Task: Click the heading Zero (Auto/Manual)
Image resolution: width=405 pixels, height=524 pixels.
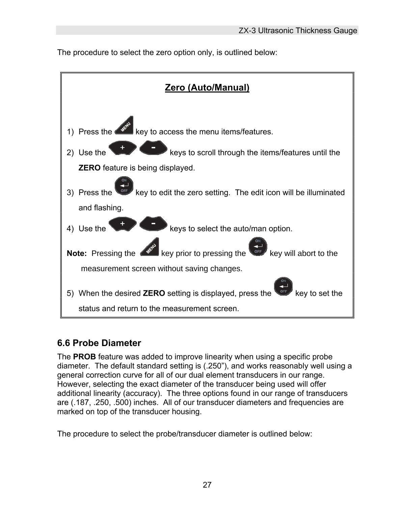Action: [x=207, y=88]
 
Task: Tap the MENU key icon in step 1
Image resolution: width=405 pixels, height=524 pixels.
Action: [x=124, y=126]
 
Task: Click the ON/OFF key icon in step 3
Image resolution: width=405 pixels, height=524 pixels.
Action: [x=124, y=187]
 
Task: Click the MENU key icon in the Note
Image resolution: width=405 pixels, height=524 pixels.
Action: [x=149, y=247]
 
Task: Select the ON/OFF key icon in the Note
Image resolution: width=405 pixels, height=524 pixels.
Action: [x=258, y=247]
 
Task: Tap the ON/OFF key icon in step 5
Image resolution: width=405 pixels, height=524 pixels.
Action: [x=283, y=287]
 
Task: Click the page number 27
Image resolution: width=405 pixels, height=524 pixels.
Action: [x=207, y=485]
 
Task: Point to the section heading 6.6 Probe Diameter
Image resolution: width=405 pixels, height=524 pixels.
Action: [x=99, y=343]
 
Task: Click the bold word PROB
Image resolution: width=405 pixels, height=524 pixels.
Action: [x=84, y=357]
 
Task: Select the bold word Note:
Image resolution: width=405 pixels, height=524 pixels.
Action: [x=77, y=254]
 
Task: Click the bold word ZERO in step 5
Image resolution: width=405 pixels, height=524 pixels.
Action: [x=154, y=293]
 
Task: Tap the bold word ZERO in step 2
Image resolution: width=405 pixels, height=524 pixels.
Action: [x=89, y=168]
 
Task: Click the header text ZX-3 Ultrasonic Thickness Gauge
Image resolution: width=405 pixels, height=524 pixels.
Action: [x=298, y=31]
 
